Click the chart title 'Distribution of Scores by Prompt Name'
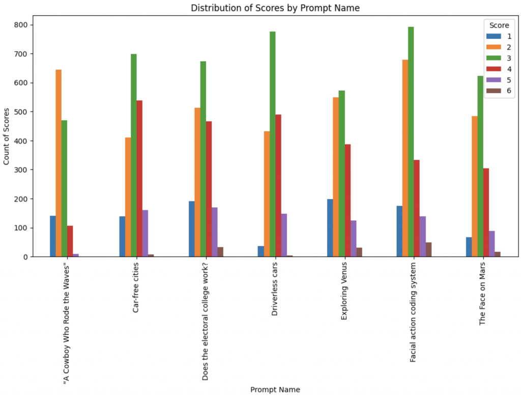(x=275, y=8)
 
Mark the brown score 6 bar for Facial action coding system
(x=428, y=249)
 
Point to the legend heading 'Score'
(x=499, y=25)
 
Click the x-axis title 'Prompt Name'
(x=275, y=389)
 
